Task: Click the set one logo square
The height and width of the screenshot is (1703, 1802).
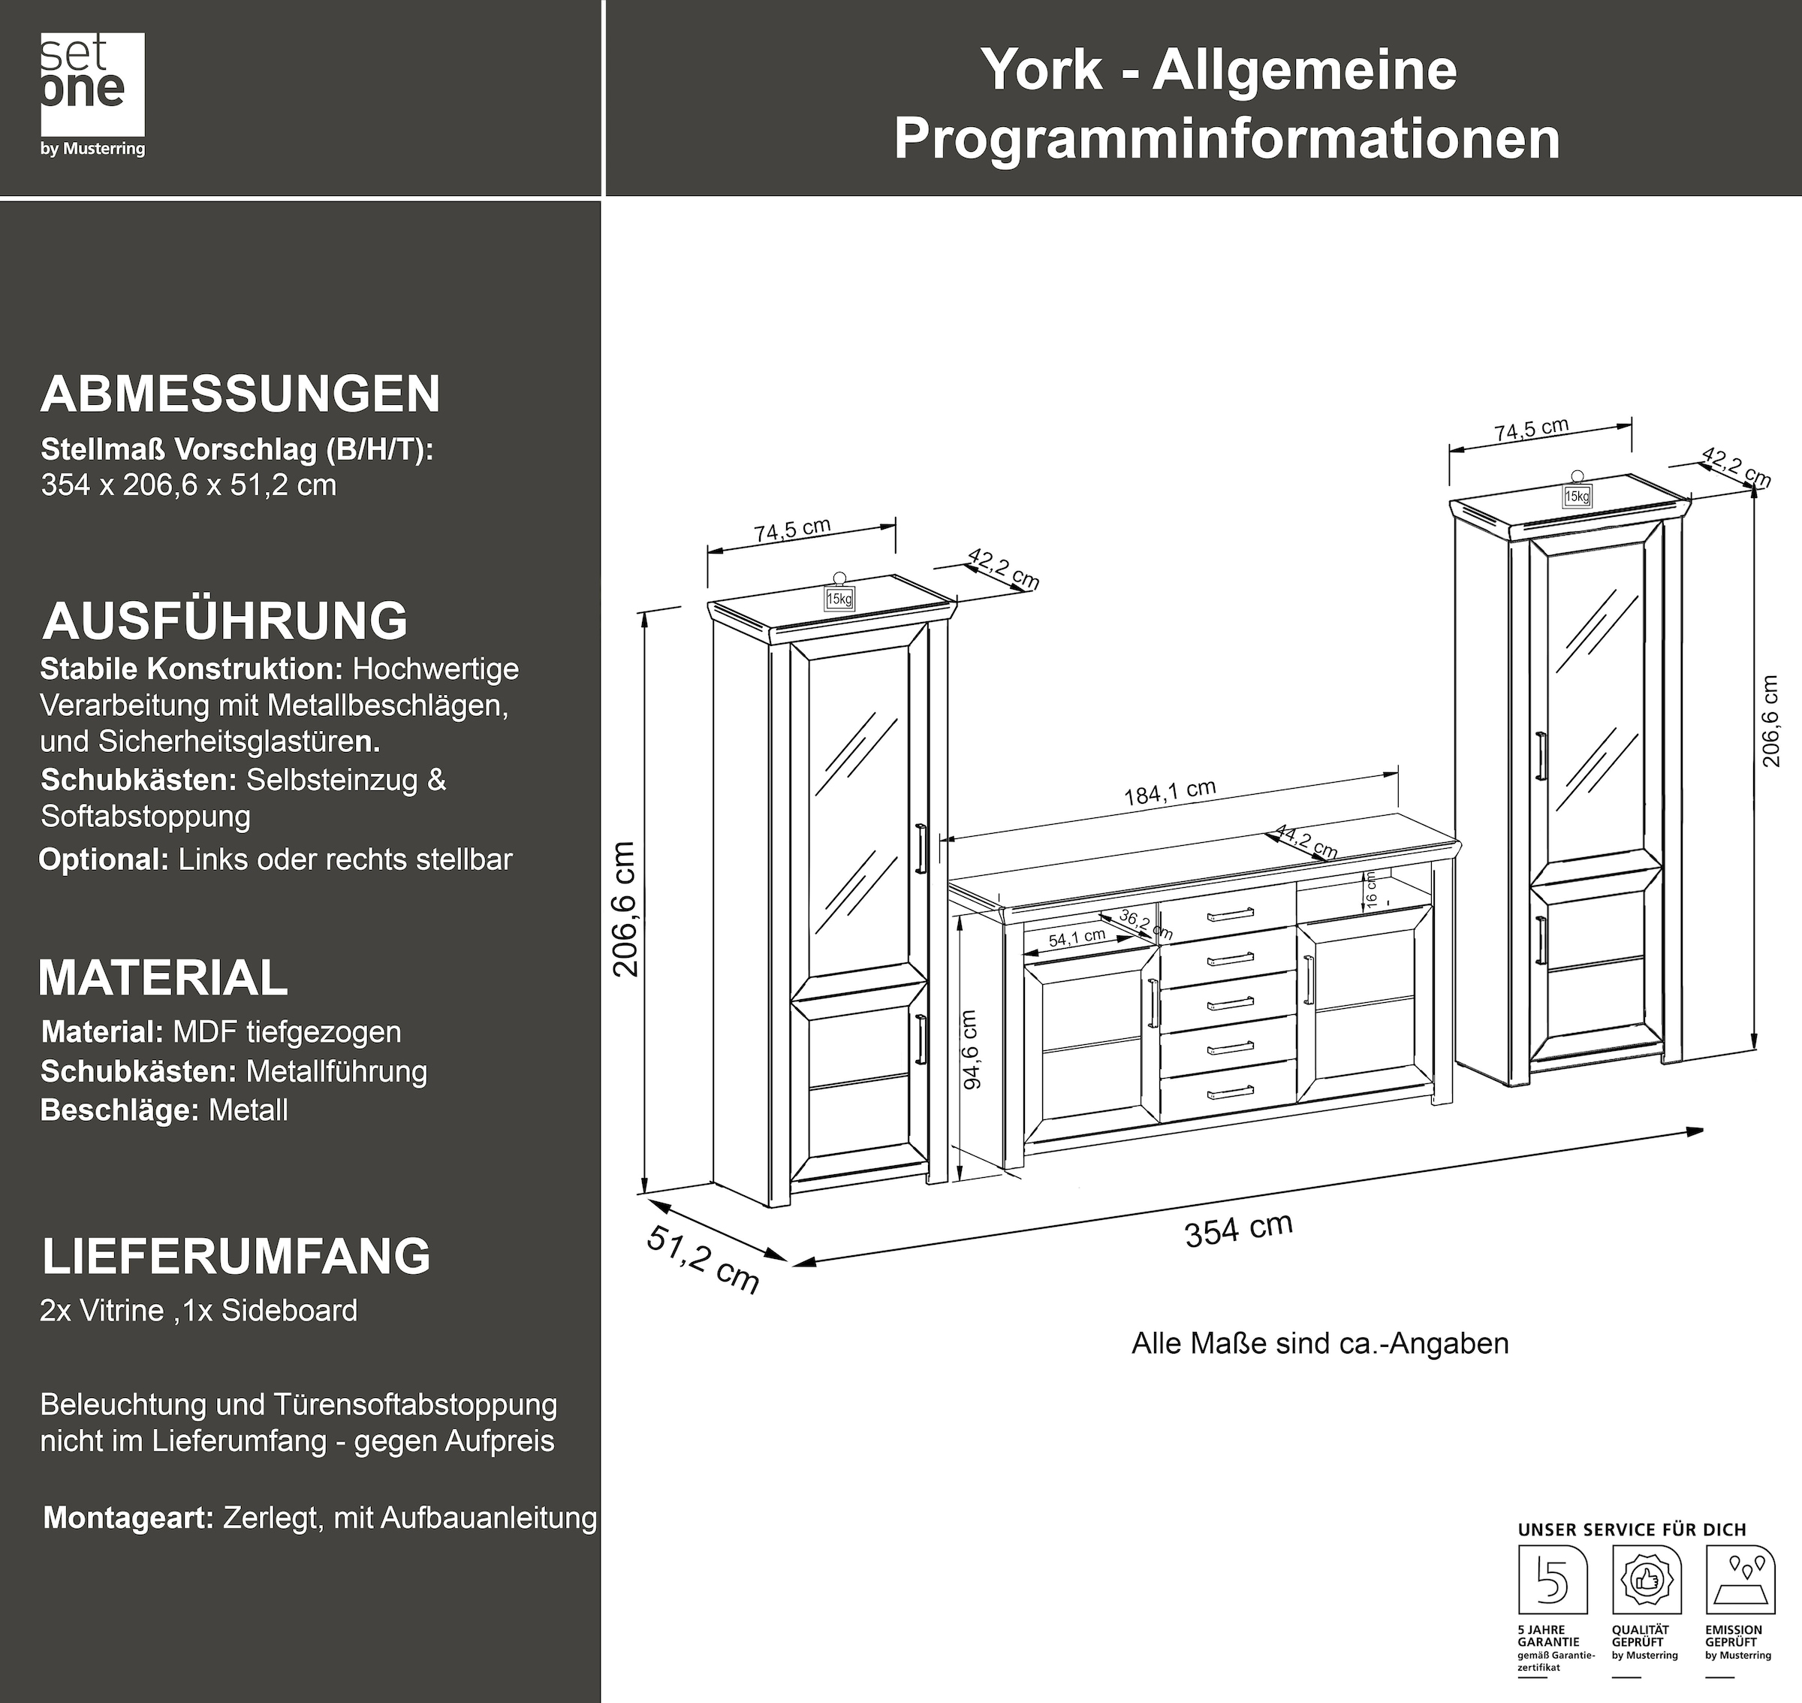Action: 92,84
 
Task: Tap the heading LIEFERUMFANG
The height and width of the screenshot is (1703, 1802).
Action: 236,1256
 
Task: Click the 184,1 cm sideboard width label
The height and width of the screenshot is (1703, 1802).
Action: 1170,792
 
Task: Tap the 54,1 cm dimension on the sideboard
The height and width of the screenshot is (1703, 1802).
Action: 1077,938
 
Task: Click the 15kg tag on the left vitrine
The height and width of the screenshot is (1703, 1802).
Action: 839,598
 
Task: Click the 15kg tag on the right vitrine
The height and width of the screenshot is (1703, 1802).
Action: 1577,496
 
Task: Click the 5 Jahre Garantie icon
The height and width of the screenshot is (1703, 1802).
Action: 1553,1581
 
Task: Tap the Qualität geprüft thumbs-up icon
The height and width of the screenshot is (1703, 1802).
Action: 1646,1581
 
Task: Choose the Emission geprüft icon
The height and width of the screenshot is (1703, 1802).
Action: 1740,1581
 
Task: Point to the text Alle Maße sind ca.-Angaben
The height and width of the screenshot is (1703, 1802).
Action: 1319,1343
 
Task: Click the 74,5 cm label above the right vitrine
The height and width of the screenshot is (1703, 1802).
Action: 1532,430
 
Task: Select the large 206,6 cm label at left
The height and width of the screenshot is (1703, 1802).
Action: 626,907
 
